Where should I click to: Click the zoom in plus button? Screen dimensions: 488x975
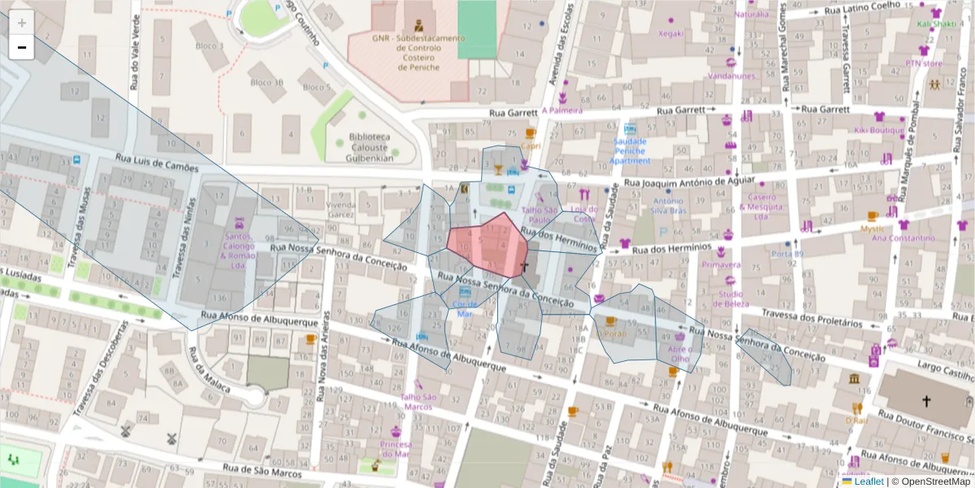22,23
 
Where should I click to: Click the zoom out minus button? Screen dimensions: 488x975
22,48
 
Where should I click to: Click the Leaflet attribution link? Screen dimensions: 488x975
869,481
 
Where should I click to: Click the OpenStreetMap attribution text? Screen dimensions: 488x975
933,481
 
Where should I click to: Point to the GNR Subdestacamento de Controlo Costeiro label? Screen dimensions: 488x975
418,52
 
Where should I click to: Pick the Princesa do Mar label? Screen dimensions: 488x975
395,449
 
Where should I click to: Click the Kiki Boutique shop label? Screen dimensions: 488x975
878,129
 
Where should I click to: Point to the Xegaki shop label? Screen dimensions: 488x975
671,33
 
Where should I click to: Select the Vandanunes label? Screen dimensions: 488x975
731,76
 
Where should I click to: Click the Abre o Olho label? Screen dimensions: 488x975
679,353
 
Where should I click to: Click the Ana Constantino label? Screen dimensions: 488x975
903,238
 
